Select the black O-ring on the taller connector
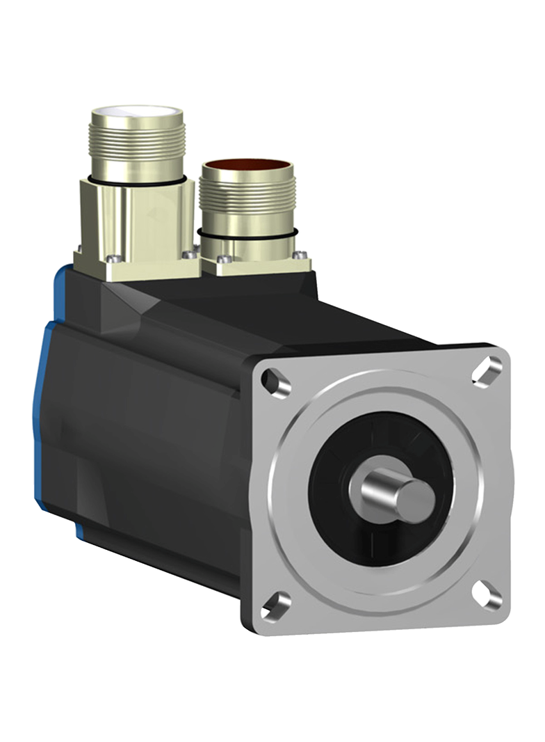pyautogui.click(x=136, y=182)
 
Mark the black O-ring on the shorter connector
pyautogui.click(x=246, y=235)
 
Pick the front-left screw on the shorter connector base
pyautogui.click(x=222, y=260)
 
